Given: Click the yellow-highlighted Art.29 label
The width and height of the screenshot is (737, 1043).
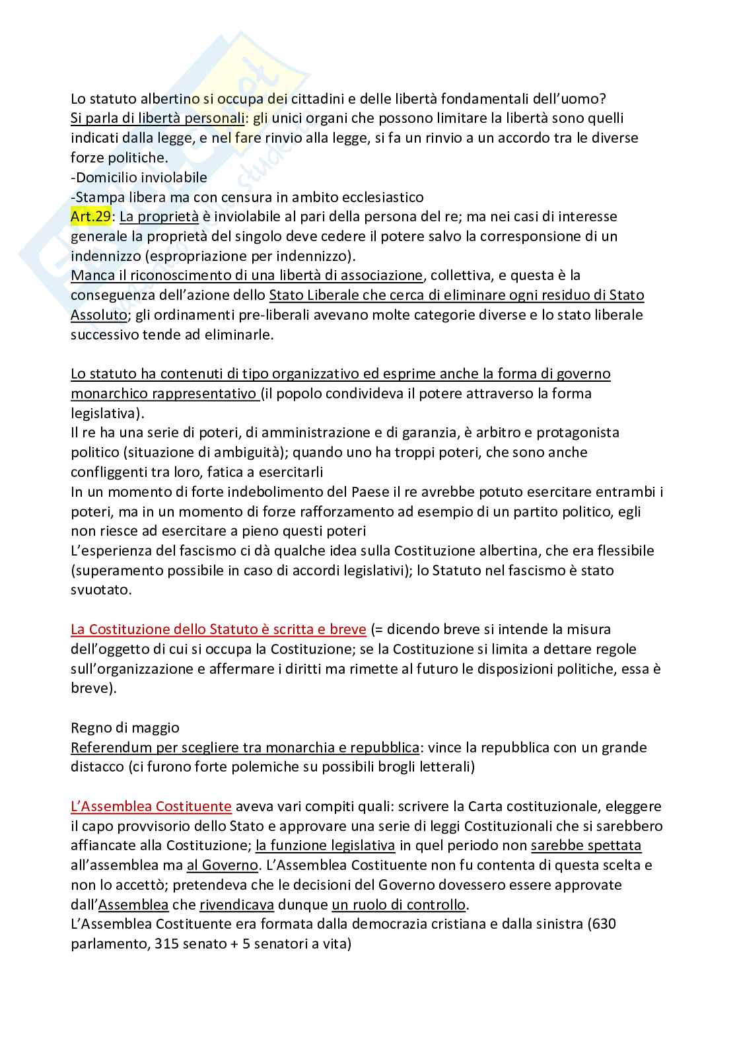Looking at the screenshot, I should (90, 217).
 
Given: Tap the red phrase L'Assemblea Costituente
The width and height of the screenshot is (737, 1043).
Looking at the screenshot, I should (151, 807).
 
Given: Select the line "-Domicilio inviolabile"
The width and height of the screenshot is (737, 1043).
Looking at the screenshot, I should (139, 178).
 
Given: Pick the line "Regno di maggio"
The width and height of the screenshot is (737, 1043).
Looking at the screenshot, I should (125, 728).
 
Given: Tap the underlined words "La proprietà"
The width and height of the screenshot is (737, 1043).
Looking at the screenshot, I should (158, 217).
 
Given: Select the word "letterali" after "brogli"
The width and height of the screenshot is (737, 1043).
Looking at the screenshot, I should (441, 768).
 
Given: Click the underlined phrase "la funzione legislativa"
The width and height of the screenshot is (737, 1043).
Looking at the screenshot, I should (325, 845).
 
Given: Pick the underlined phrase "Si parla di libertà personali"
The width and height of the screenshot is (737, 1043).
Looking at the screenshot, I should (157, 118).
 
